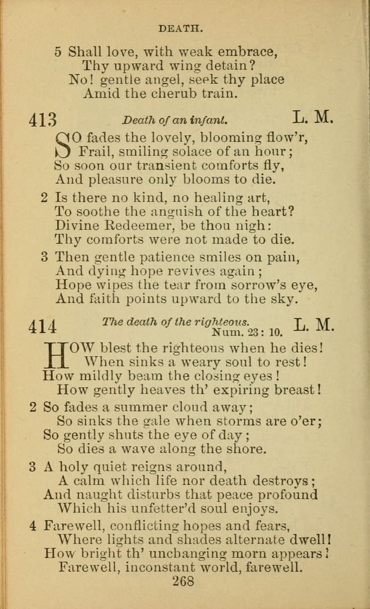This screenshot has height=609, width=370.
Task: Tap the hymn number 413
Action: (x=43, y=119)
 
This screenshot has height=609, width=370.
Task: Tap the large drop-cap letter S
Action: (x=64, y=145)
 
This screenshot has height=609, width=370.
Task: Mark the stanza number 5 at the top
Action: (x=58, y=51)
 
